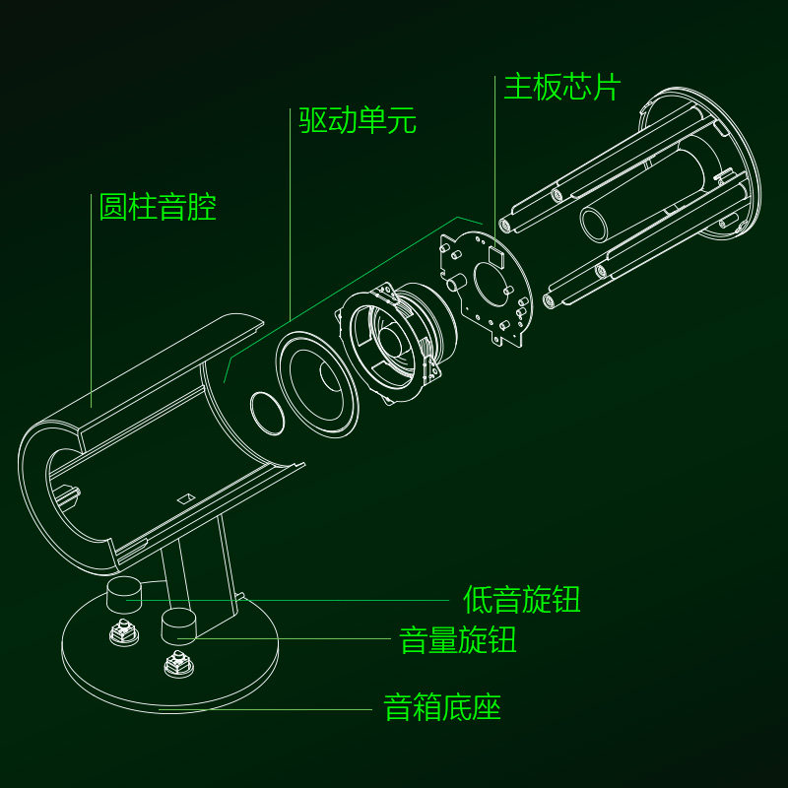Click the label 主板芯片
click(x=562, y=87)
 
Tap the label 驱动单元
click(x=358, y=121)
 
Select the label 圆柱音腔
click(x=158, y=208)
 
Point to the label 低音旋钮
click(x=522, y=599)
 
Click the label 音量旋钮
click(x=458, y=640)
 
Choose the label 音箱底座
click(x=443, y=707)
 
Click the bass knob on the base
click(x=125, y=594)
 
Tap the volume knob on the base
click(x=179, y=625)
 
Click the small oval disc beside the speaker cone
click(x=266, y=412)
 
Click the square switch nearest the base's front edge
click(x=177, y=666)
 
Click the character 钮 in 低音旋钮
click(x=566, y=599)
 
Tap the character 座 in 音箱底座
click(x=488, y=707)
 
